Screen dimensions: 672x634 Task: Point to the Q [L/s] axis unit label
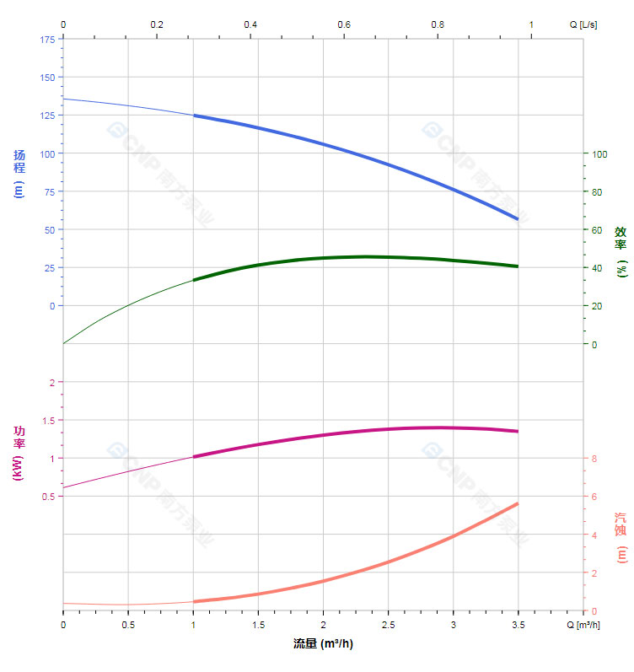[583, 24]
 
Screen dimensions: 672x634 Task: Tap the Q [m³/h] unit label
[583, 625]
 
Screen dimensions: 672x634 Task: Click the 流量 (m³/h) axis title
[322, 644]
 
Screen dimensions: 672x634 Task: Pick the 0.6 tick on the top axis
[344, 24]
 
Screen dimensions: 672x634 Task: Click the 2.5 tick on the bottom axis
[388, 625]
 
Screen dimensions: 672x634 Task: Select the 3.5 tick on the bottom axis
[518, 625]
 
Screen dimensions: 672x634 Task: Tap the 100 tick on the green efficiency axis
[599, 153]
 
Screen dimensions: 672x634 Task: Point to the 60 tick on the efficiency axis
[597, 230]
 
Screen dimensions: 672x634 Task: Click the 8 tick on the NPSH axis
[594, 459]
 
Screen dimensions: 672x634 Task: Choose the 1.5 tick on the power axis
[47, 420]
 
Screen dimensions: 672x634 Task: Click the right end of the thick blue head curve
[518, 219]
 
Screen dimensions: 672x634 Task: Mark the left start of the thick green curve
[194, 280]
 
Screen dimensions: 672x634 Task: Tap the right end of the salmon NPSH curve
[518, 503]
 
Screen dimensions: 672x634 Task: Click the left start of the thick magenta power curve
[194, 457]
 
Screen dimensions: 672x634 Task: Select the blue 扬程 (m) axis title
[19, 173]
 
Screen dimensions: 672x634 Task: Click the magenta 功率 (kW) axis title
[19, 453]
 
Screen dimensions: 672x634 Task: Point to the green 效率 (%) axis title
[621, 251]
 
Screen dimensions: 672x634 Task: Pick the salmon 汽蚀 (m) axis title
[621, 537]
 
